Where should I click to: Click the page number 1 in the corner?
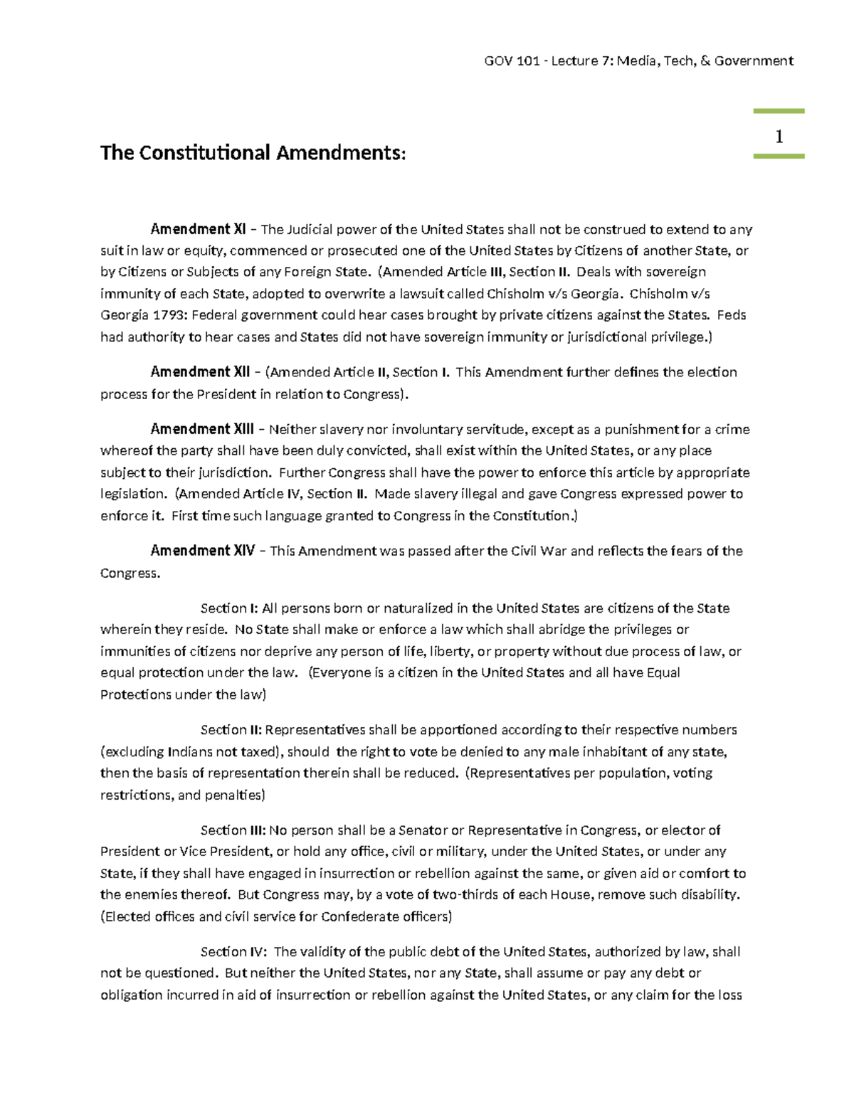[x=779, y=137]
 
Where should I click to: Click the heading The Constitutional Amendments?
[x=253, y=153]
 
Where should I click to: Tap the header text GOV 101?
[x=511, y=61]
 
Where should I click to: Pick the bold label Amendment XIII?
[x=202, y=429]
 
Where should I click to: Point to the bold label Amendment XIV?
[x=202, y=551]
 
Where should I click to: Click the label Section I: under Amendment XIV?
[x=228, y=608]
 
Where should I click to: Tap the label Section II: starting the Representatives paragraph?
[x=231, y=730]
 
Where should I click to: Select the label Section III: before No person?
[x=233, y=830]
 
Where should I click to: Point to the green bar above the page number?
[x=779, y=112]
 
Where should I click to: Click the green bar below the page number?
[x=779, y=156]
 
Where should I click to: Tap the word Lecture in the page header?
[x=574, y=61]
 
